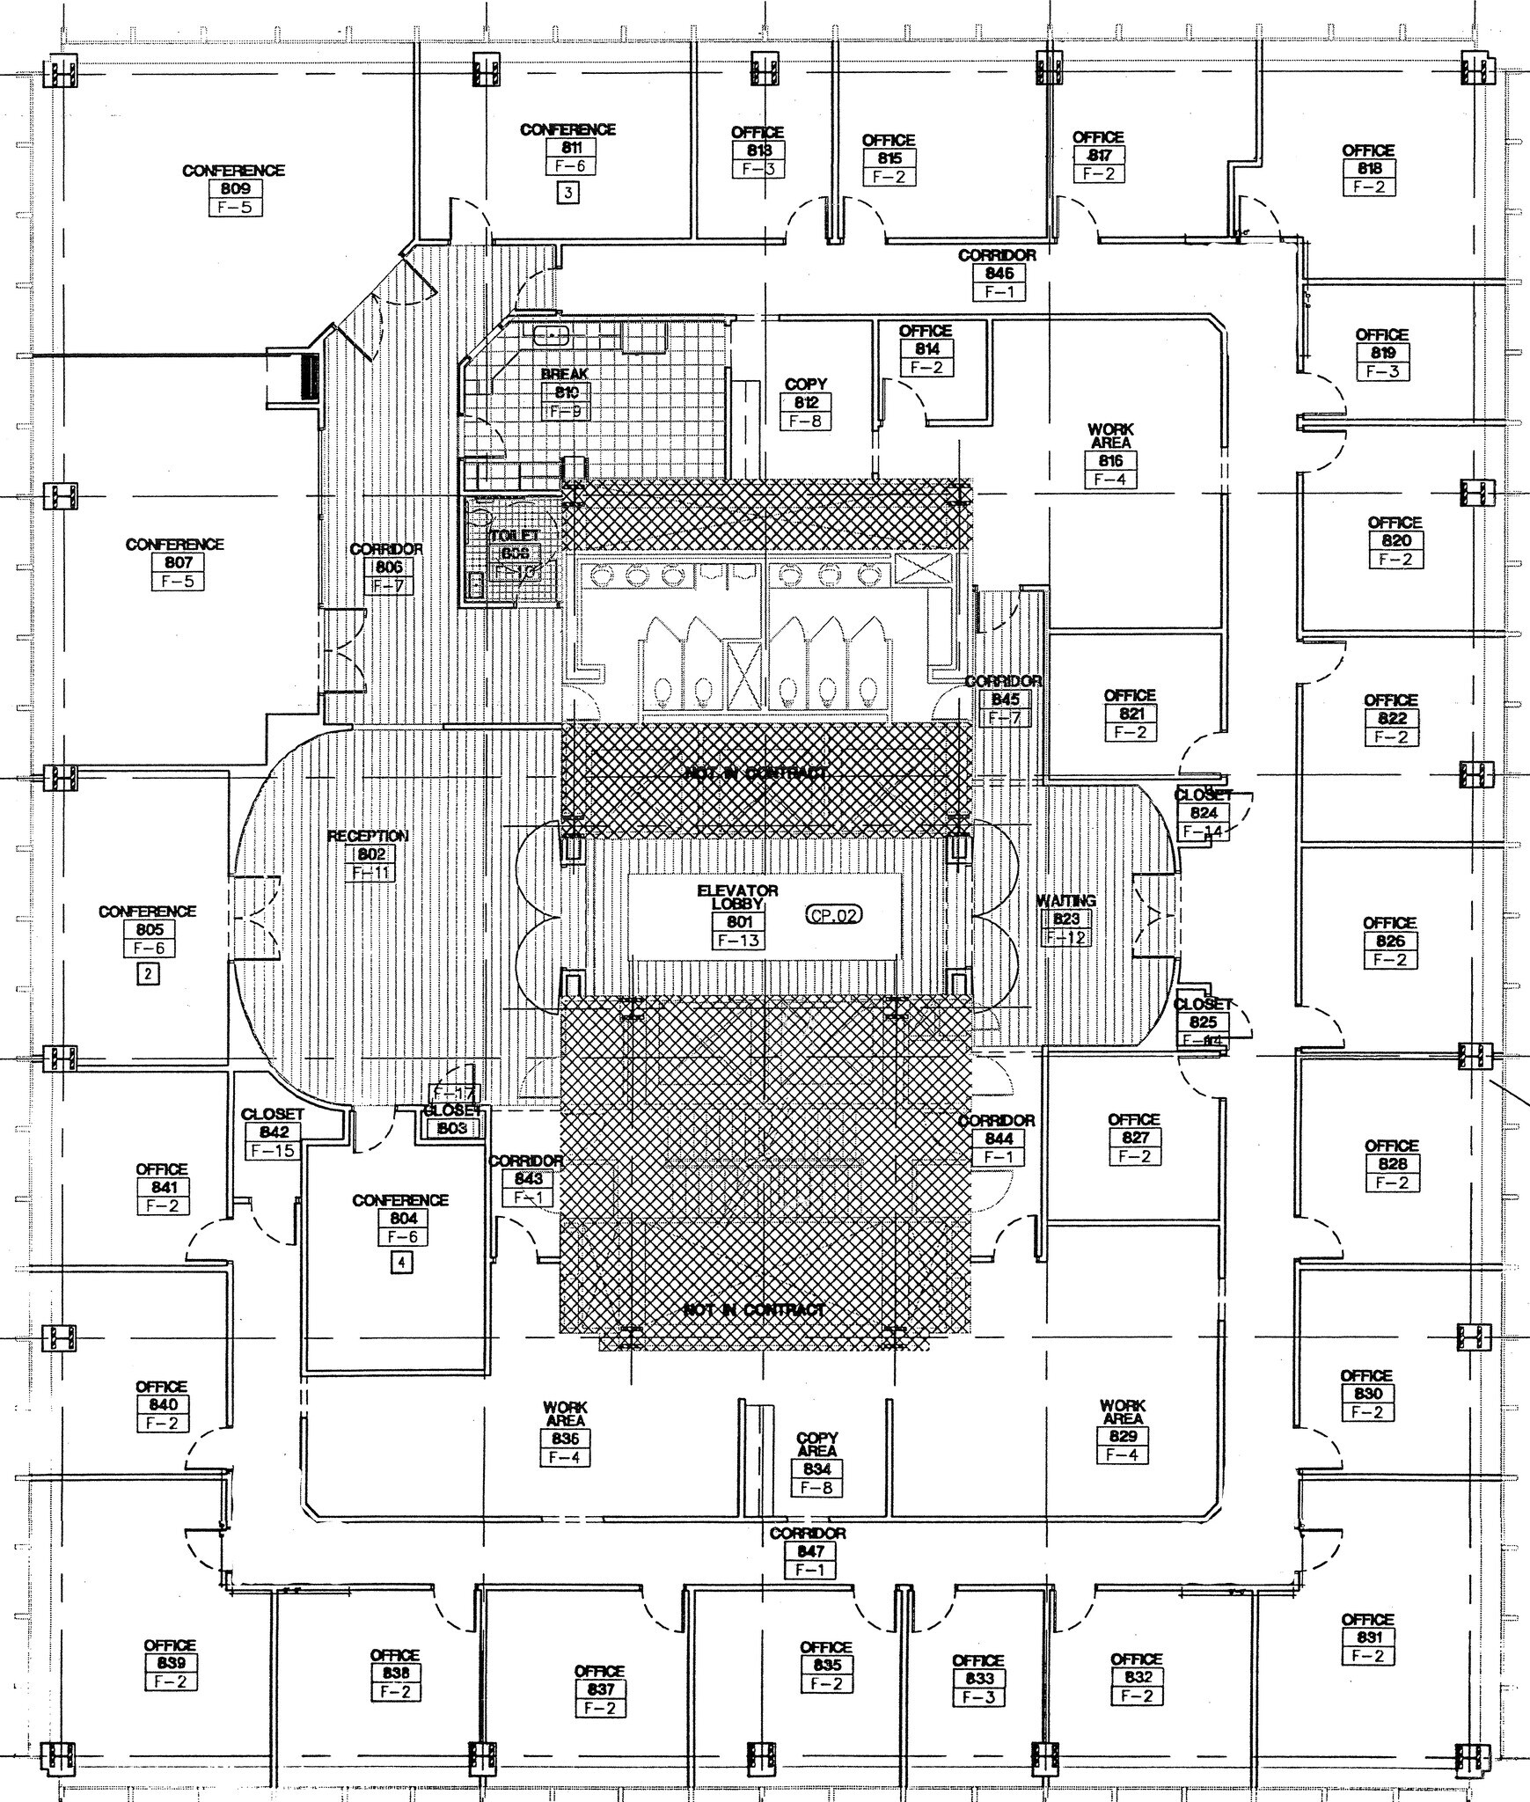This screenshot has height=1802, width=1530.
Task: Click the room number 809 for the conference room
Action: coord(235,188)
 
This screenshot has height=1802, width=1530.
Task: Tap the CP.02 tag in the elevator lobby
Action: coord(833,915)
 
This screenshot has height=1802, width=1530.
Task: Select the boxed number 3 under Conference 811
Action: coord(568,193)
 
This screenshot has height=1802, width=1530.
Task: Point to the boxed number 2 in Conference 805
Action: coord(148,974)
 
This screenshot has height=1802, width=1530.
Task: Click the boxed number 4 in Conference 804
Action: coord(400,1264)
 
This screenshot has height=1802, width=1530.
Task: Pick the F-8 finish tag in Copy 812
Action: coord(805,421)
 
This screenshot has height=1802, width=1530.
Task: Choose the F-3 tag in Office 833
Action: coord(977,1697)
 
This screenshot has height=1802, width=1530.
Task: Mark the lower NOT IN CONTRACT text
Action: coord(755,1310)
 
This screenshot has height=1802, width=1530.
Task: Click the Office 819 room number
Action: coord(1382,353)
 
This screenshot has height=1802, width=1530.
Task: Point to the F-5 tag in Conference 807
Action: coord(178,582)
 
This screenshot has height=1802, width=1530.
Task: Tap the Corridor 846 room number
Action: coord(999,274)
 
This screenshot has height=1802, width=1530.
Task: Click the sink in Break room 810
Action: coord(552,333)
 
